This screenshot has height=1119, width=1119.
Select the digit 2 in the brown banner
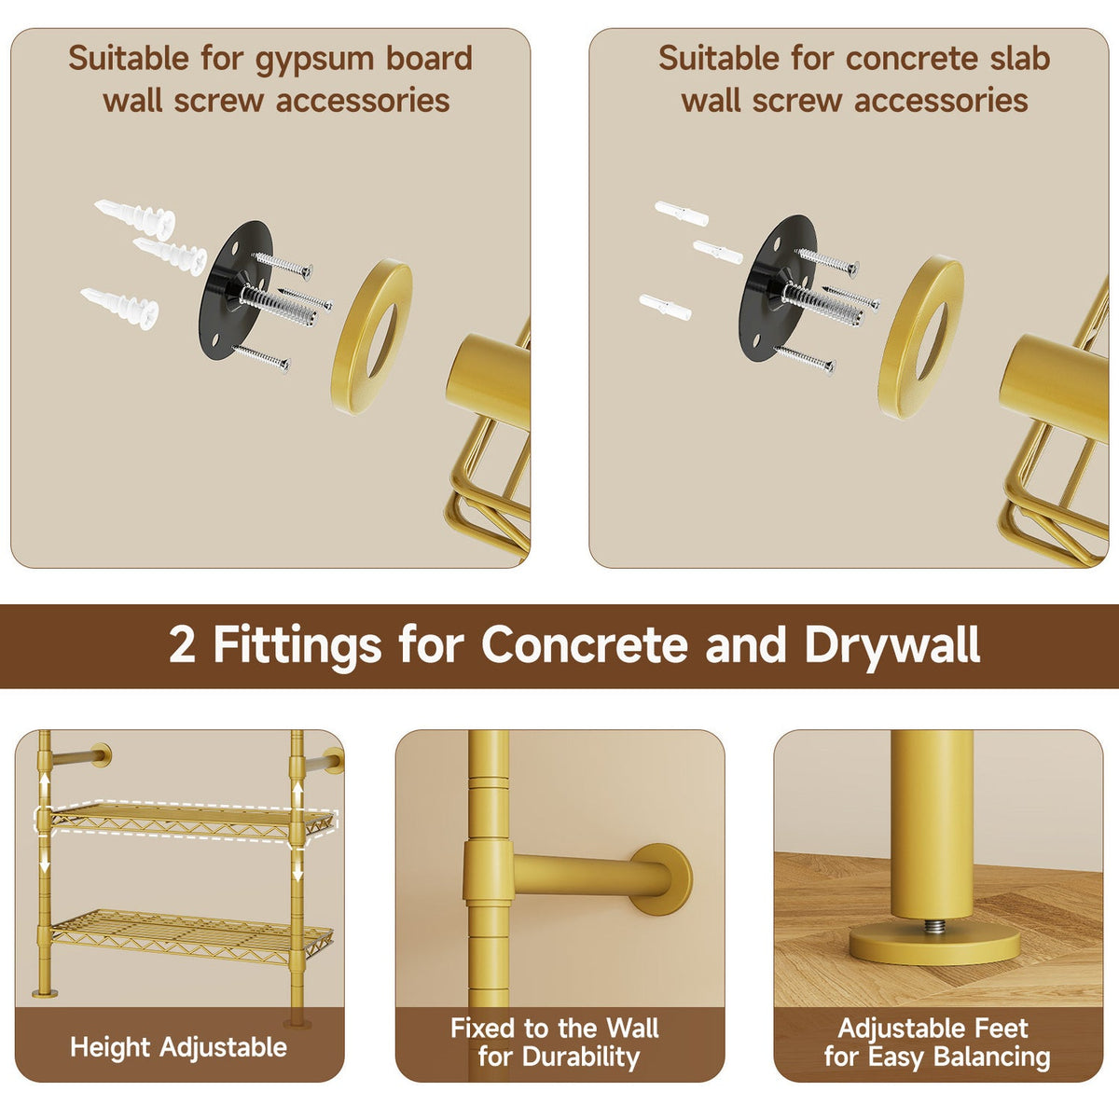[183, 645]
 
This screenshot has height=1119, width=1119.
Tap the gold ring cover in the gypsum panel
[372, 336]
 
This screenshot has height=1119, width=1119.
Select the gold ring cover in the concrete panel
[921, 337]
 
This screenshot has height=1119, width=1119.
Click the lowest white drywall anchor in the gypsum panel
[119, 308]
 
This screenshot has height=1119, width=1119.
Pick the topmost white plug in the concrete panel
[682, 214]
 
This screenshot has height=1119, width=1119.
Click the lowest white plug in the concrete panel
[666, 307]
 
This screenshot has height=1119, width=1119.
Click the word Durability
[580, 1057]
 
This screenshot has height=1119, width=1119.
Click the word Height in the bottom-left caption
[110, 1047]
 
